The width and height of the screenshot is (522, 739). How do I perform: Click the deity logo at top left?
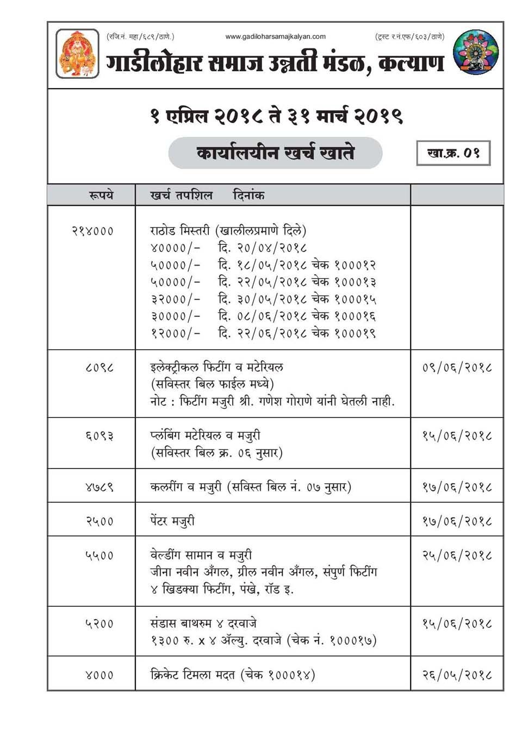coord(77,53)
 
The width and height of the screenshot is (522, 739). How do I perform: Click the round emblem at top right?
coord(475,52)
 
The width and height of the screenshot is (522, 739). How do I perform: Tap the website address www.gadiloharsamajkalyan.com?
coord(275,37)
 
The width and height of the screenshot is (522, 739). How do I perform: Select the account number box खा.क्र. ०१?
coord(453,153)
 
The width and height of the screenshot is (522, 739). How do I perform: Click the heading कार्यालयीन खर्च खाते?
coord(275,153)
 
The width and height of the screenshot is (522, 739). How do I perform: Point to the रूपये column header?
coord(101,195)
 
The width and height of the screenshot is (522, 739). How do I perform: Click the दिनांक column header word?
coord(248,195)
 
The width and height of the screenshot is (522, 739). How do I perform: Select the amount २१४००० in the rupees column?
coord(92,231)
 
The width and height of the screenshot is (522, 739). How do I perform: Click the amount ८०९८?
coord(100,368)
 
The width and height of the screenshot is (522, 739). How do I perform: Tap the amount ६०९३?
coord(100,436)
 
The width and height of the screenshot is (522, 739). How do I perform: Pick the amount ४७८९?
coord(100,487)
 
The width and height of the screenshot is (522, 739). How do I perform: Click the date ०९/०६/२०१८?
coord(457,368)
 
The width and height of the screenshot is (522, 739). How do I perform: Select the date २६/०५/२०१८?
coord(457,675)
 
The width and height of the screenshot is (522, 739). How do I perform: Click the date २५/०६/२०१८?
coord(457,556)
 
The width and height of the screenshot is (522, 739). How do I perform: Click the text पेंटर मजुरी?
coord(172,521)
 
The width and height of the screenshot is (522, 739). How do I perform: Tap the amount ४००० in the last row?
coord(100,675)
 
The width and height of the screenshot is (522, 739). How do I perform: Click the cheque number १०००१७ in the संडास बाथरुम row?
coord(351,641)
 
